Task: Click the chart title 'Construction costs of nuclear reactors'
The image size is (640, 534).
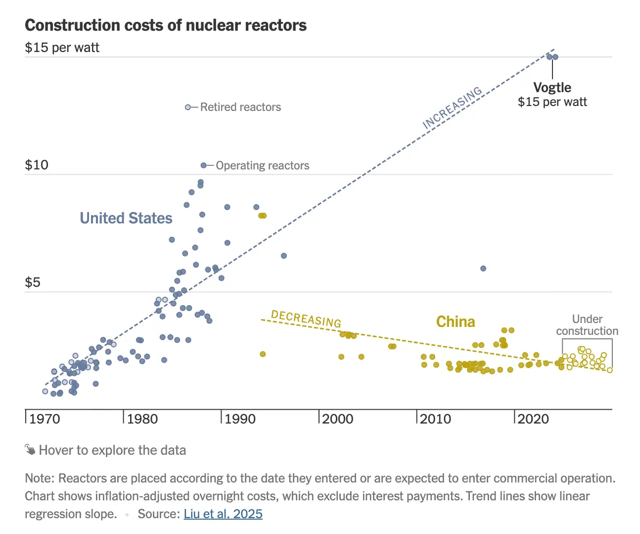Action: pos(166,25)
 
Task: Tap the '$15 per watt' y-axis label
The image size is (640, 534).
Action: pos(62,48)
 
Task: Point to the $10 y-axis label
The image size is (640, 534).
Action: pos(37,165)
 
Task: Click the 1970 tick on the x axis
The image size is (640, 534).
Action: pos(45,419)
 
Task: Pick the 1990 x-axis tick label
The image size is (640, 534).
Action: pos(240,419)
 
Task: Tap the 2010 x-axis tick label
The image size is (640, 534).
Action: pos(435,419)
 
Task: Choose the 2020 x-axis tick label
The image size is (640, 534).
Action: pos(533,419)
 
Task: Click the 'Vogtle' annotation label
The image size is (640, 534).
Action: pos(552,88)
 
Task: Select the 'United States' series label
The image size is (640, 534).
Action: pos(126,218)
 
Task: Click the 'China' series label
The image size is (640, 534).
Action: pos(456,322)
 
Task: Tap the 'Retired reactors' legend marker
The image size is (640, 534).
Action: pos(188,107)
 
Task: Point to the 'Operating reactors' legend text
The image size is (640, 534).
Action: pos(262,165)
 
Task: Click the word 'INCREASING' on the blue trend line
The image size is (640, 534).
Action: pos(452,108)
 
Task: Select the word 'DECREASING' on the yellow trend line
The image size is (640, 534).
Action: pos(306,319)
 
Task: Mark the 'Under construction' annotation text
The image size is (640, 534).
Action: pos(587,325)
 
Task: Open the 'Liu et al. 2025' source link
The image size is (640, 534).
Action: pos(223,514)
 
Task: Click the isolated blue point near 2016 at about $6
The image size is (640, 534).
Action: pos(483,268)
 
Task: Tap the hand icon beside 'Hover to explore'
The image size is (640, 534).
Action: pos(30,450)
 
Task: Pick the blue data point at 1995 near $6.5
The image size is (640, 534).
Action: pos(284,256)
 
